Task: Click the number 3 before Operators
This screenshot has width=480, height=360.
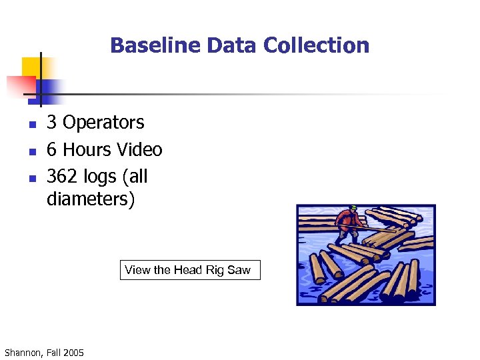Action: [x=51, y=123]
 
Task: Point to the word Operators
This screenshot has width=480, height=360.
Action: [x=103, y=123]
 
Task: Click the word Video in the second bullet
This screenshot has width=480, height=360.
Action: [x=139, y=149]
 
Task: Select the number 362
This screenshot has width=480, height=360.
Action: [x=63, y=177]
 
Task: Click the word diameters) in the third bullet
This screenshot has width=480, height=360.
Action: [x=91, y=199]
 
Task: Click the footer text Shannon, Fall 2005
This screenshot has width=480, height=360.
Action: [x=44, y=352]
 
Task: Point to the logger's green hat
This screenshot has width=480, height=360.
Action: [x=354, y=209]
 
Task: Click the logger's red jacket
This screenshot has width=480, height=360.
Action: [x=347, y=219]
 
